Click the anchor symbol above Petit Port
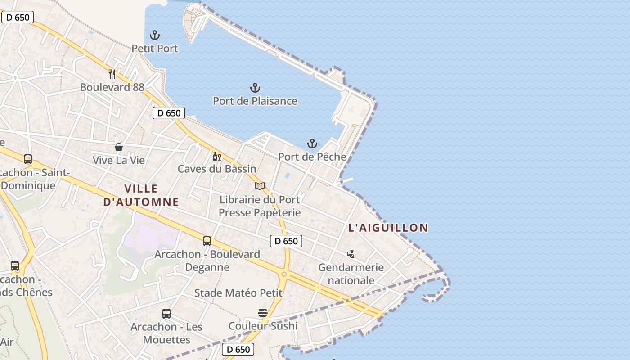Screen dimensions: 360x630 click(x=155, y=35)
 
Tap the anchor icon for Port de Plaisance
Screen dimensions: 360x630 click(x=255, y=87)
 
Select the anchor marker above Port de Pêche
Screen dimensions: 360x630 click(x=312, y=144)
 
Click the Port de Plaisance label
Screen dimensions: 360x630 click(x=255, y=101)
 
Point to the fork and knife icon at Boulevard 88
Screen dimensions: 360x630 click(x=112, y=74)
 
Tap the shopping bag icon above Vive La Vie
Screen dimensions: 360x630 click(x=119, y=147)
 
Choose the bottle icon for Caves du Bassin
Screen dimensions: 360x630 click(x=216, y=156)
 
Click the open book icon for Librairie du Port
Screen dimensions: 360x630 click(x=260, y=186)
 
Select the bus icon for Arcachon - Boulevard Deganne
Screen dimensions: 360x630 click(x=207, y=241)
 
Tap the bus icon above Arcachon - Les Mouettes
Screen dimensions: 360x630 click(x=166, y=313)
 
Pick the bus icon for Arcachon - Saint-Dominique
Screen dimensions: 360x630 click(x=28, y=159)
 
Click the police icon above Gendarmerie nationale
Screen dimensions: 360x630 click(x=351, y=254)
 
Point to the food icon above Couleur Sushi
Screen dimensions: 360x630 click(x=263, y=312)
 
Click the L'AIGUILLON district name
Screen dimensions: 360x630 click(x=388, y=228)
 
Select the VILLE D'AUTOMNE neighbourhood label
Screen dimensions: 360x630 click(x=141, y=195)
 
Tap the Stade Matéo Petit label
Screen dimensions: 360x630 click(x=238, y=293)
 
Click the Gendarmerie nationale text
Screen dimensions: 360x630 click(x=351, y=274)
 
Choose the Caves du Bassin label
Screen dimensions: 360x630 click(x=217, y=169)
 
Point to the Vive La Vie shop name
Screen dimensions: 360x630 click(x=119, y=160)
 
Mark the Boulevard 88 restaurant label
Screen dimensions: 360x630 click(x=112, y=87)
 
